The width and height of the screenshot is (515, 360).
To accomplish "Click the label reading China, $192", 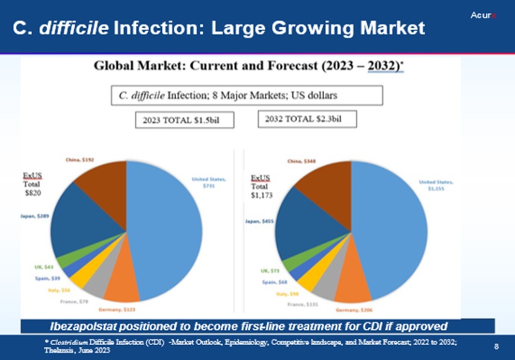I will pos(79,161).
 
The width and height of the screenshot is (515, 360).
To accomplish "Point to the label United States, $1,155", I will pos(436,184).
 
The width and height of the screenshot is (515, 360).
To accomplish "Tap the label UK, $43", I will pos(44,267).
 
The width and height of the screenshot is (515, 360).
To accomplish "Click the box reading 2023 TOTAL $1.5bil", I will pos(184,120).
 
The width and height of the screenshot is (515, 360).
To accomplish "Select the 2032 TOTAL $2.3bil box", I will pos(307,119).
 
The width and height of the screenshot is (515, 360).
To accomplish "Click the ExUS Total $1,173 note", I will pos(261,186).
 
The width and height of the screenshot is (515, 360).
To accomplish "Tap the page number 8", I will pos(496,346).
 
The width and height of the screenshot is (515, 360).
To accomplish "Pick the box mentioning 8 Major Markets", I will pos(247,95).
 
